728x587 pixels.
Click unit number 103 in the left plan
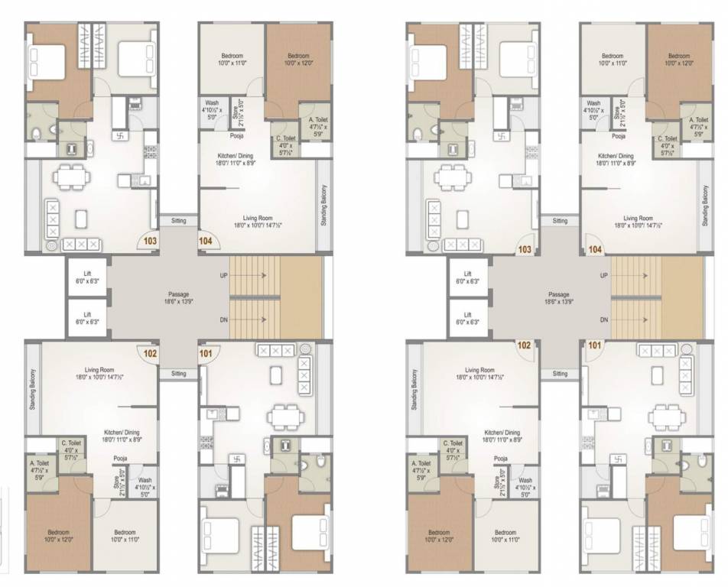(150, 241)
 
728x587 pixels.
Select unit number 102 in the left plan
(150, 353)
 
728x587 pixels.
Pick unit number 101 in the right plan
(593, 345)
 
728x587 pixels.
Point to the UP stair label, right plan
(603, 275)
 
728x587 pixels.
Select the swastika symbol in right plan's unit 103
(501, 138)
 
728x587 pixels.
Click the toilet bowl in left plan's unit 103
(37, 132)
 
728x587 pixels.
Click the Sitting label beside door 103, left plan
(178, 220)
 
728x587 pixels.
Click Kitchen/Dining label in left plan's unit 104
(237, 159)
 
